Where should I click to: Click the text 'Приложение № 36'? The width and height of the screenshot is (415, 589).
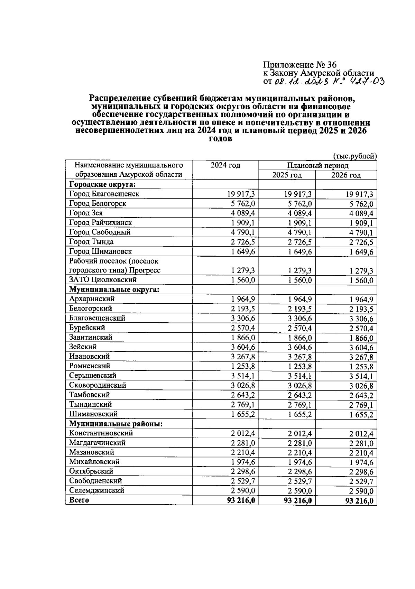click(299, 65)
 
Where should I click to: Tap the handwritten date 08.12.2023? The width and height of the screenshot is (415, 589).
click(300, 81)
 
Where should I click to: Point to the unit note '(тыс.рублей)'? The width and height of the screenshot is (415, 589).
click(355, 156)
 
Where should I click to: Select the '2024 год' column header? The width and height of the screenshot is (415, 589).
click(225, 165)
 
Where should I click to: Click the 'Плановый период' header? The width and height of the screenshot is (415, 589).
click(317, 166)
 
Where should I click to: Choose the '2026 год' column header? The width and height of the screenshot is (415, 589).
click(346, 175)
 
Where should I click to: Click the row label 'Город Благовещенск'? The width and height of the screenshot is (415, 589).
click(104, 194)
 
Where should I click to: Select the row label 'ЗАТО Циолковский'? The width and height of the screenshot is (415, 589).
click(103, 279)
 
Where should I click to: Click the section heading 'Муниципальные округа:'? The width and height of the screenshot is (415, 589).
click(114, 289)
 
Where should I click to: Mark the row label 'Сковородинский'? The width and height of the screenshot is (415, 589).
click(98, 385)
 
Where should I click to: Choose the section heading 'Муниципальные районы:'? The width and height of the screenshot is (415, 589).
click(116, 423)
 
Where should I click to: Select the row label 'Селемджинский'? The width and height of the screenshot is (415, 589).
click(96, 490)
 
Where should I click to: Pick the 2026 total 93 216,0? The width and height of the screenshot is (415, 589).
click(359, 501)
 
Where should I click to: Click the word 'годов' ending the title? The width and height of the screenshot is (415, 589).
click(221, 139)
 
